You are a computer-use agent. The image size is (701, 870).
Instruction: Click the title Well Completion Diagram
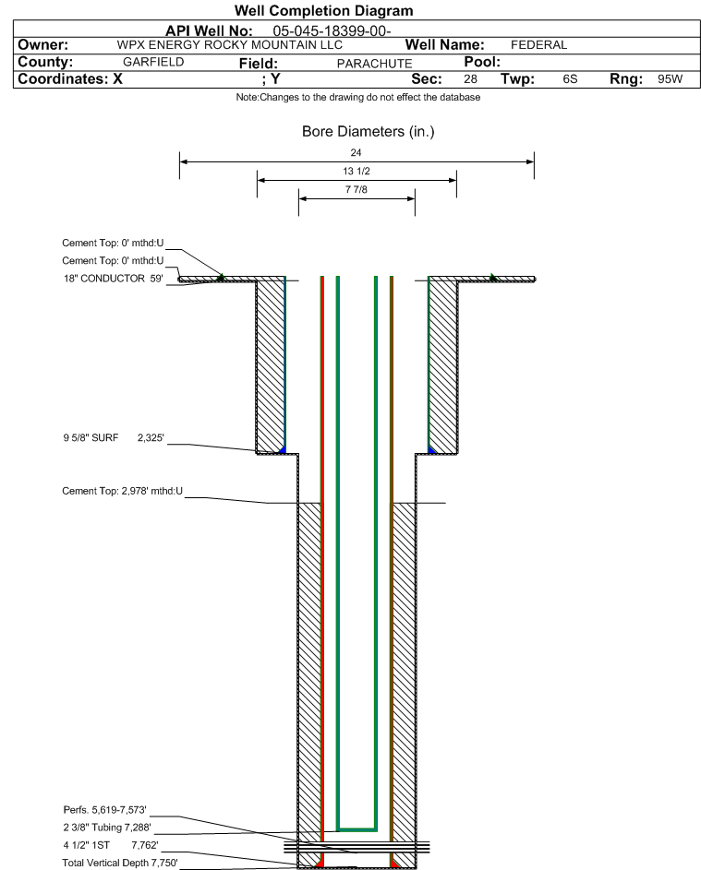(x=324, y=10)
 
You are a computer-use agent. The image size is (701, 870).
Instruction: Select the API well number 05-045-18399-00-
(x=332, y=31)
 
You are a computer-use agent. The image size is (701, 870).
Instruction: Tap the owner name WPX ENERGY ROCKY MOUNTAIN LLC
(x=229, y=45)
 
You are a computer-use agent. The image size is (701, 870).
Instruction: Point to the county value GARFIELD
(x=153, y=62)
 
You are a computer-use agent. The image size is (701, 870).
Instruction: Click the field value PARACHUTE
(x=374, y=64)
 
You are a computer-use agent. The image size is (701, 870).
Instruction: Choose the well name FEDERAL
(x=538, y=45)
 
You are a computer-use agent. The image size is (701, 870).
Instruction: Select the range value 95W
(x=670, y=78)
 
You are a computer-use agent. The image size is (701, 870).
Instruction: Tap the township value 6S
(x=570, y=78)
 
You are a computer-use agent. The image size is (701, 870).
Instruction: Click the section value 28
(x=470, y=78)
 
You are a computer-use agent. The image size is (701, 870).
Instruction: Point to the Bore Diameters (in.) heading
(x=369, y=132)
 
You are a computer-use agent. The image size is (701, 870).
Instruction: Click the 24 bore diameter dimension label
(x=357, y=152)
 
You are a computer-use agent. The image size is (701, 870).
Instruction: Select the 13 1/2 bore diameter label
(x=357, y=171)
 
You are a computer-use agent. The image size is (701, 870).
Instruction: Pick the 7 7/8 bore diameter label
(x=357, y=190)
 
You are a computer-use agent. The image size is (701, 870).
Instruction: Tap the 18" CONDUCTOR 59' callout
(x=113, y=279)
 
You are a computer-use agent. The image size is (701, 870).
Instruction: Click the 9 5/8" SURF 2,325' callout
(x=114, y=438)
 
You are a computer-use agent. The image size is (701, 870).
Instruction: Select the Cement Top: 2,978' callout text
(x=122, y=491)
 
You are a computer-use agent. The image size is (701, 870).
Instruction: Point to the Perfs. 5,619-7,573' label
(x=104, y=810)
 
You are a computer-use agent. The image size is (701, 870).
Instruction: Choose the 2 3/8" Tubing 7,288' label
(x=106, y=828)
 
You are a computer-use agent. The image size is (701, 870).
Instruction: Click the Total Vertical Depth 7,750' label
(x=120, y=863)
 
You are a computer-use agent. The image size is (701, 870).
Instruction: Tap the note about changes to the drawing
(x=358, y=97)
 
